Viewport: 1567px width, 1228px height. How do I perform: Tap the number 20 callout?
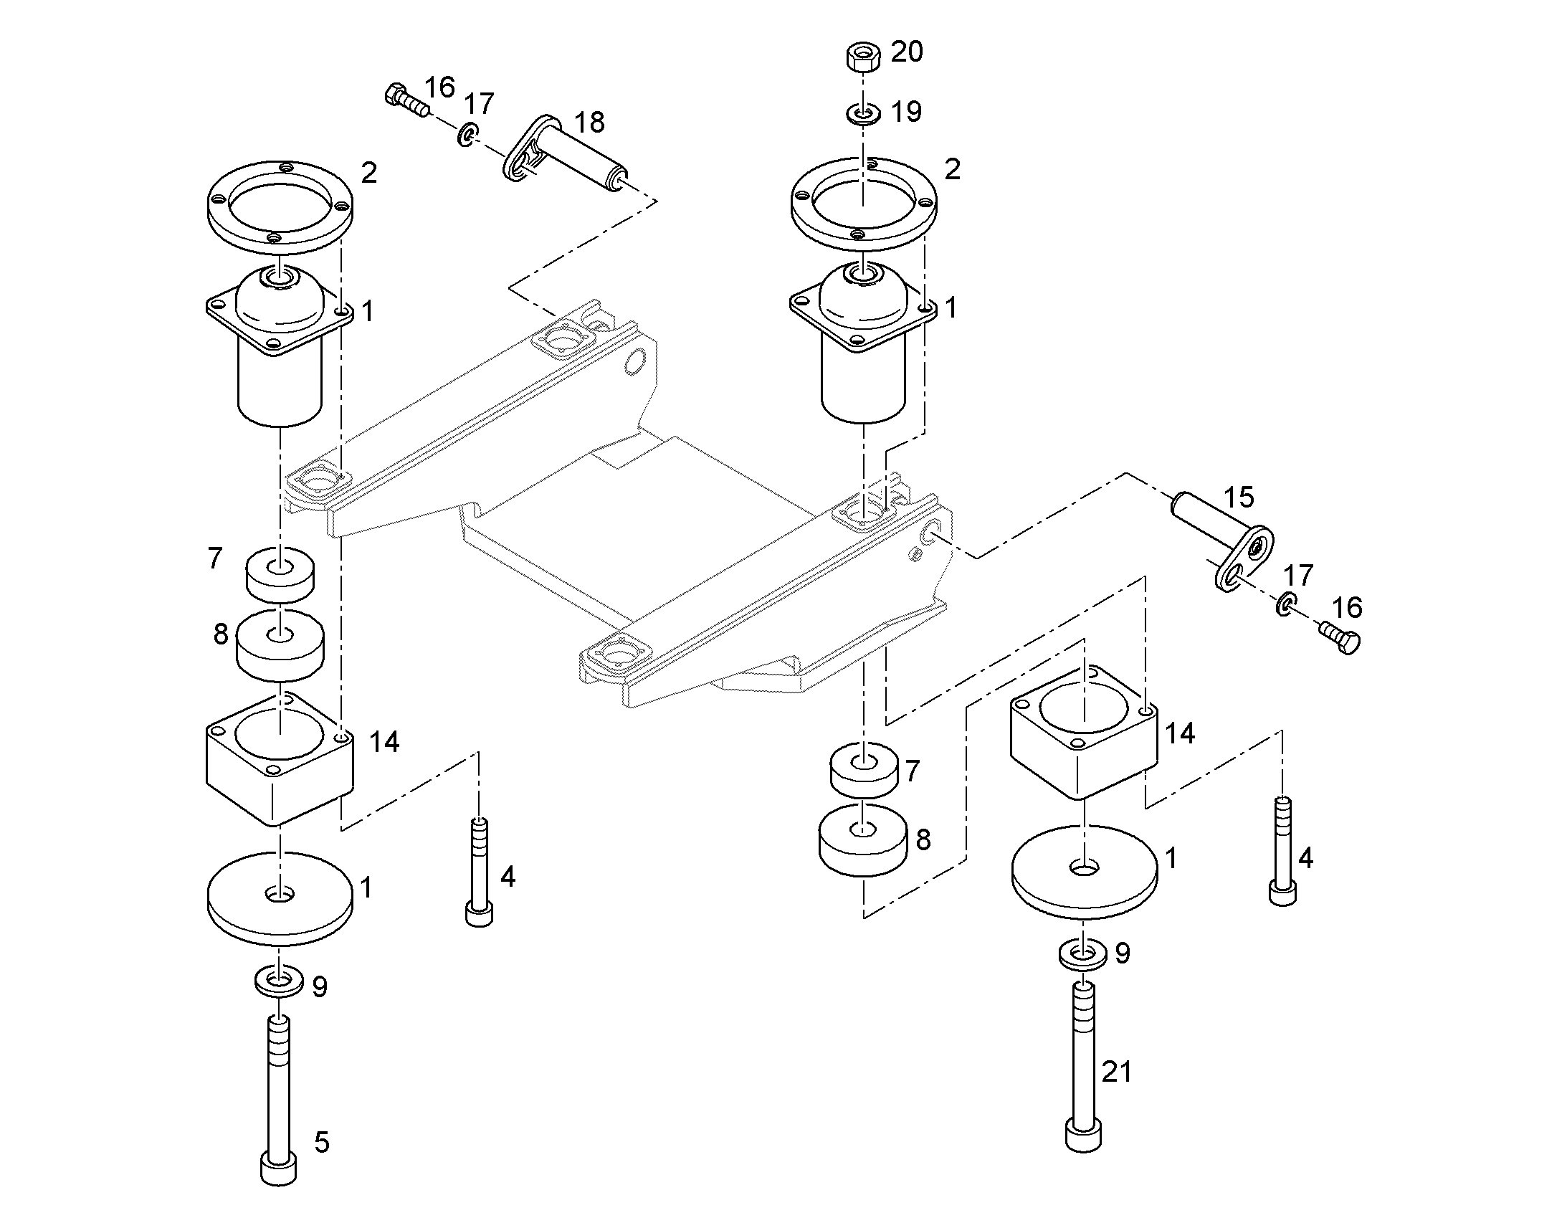pos(906,52)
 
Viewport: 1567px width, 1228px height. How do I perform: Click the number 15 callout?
pos(1239,498)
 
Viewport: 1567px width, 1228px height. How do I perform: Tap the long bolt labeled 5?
pos(279,1098)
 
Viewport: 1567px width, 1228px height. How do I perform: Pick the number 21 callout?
pos(1116,1072)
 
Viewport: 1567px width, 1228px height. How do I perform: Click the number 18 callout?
pos(590,123)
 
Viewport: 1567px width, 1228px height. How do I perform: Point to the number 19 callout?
pos(905,111)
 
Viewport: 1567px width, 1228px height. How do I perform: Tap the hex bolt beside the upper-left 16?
pos(406,99)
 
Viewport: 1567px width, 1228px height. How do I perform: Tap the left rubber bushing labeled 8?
pos(280,644)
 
